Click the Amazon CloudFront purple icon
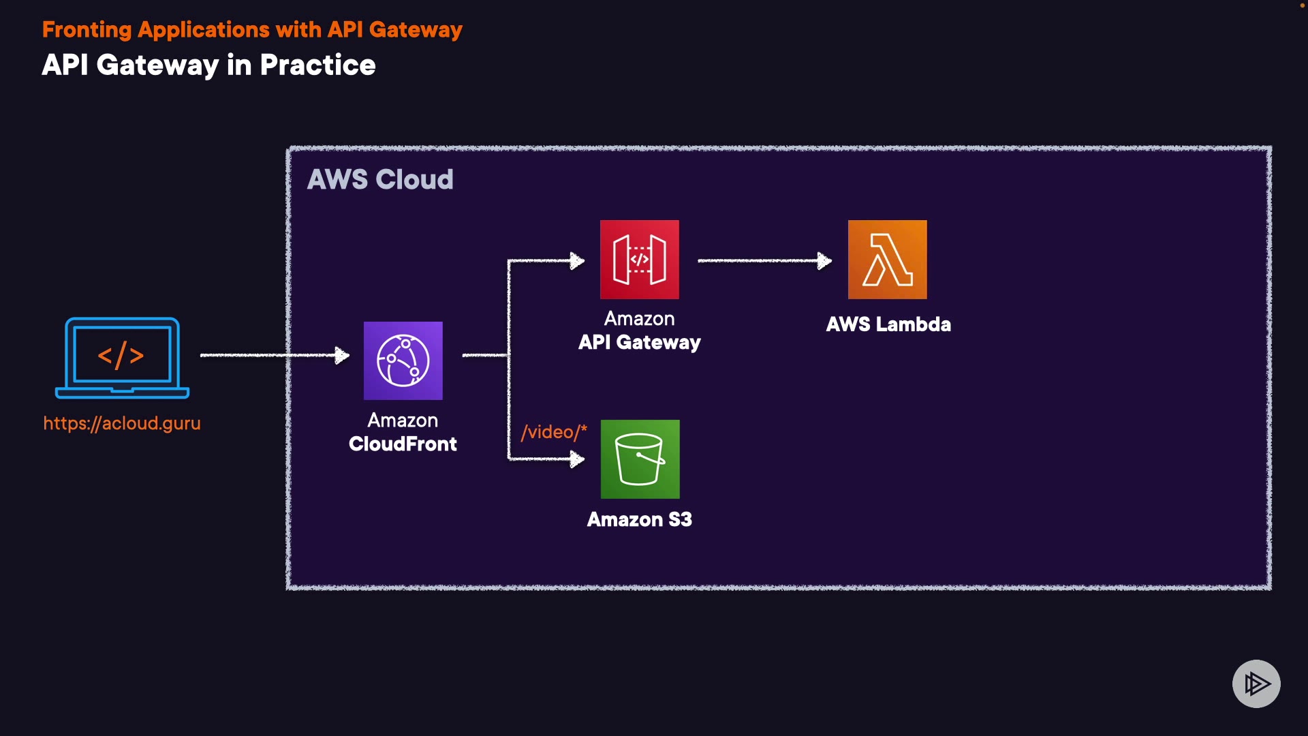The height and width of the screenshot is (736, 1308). click(x=403, y=361)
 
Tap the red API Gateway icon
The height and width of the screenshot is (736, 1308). click(x=639, y=259)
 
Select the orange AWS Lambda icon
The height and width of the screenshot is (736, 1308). click(x=887, y=259)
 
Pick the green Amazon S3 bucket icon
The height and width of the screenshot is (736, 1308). click(x=640, y=459)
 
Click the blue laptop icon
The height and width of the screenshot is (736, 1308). click(x=122, y=358)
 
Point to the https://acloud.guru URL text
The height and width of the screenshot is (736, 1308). click(x=122, y=423)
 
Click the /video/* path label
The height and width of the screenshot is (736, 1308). click(x=553, y=432)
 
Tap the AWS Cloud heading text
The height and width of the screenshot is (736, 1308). click(x=380, y=179)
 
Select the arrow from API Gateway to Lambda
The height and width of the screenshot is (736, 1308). click(x=763, y=260)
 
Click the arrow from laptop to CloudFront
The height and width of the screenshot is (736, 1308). click(x=272, y=355)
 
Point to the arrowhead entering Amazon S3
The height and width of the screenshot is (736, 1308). click(x=577, y=459)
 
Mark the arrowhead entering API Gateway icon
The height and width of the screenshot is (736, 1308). click(x=577, y=260)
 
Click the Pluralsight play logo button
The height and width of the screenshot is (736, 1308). click(x=1256, y=684)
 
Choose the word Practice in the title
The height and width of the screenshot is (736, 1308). click(x=317, y=65)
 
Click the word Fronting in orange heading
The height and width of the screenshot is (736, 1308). click(x=87, y=30)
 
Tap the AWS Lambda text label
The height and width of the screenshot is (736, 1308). click(x=888, y=324)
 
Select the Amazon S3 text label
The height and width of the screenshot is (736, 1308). click(x=639, y=520)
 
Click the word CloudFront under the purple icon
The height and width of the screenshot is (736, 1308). click(x=403, y=444)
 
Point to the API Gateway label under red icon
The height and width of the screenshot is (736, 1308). click(x=639, y=342)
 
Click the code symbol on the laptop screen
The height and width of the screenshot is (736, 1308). click(x=121, y=355)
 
